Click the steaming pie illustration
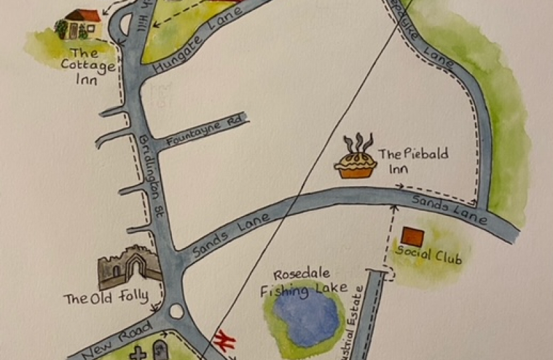[x=356, y=160]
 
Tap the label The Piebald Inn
[x=413, y=161]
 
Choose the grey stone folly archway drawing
[x=131, y=268]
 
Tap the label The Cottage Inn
[x=88, y=65]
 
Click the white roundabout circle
[x=177, y=311]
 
